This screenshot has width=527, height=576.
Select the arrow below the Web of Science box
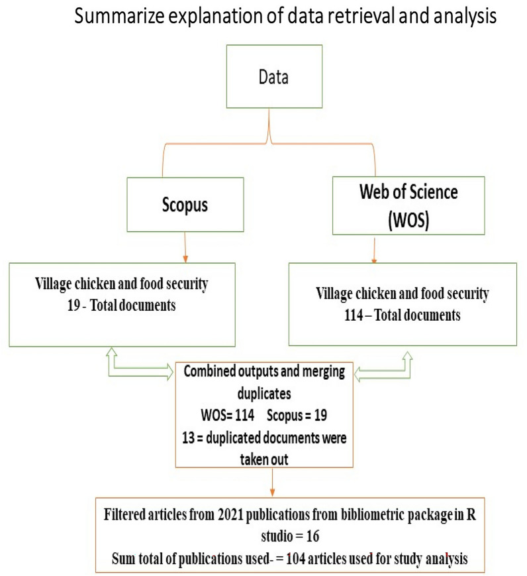pyautogui.click(x=376, y=256)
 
